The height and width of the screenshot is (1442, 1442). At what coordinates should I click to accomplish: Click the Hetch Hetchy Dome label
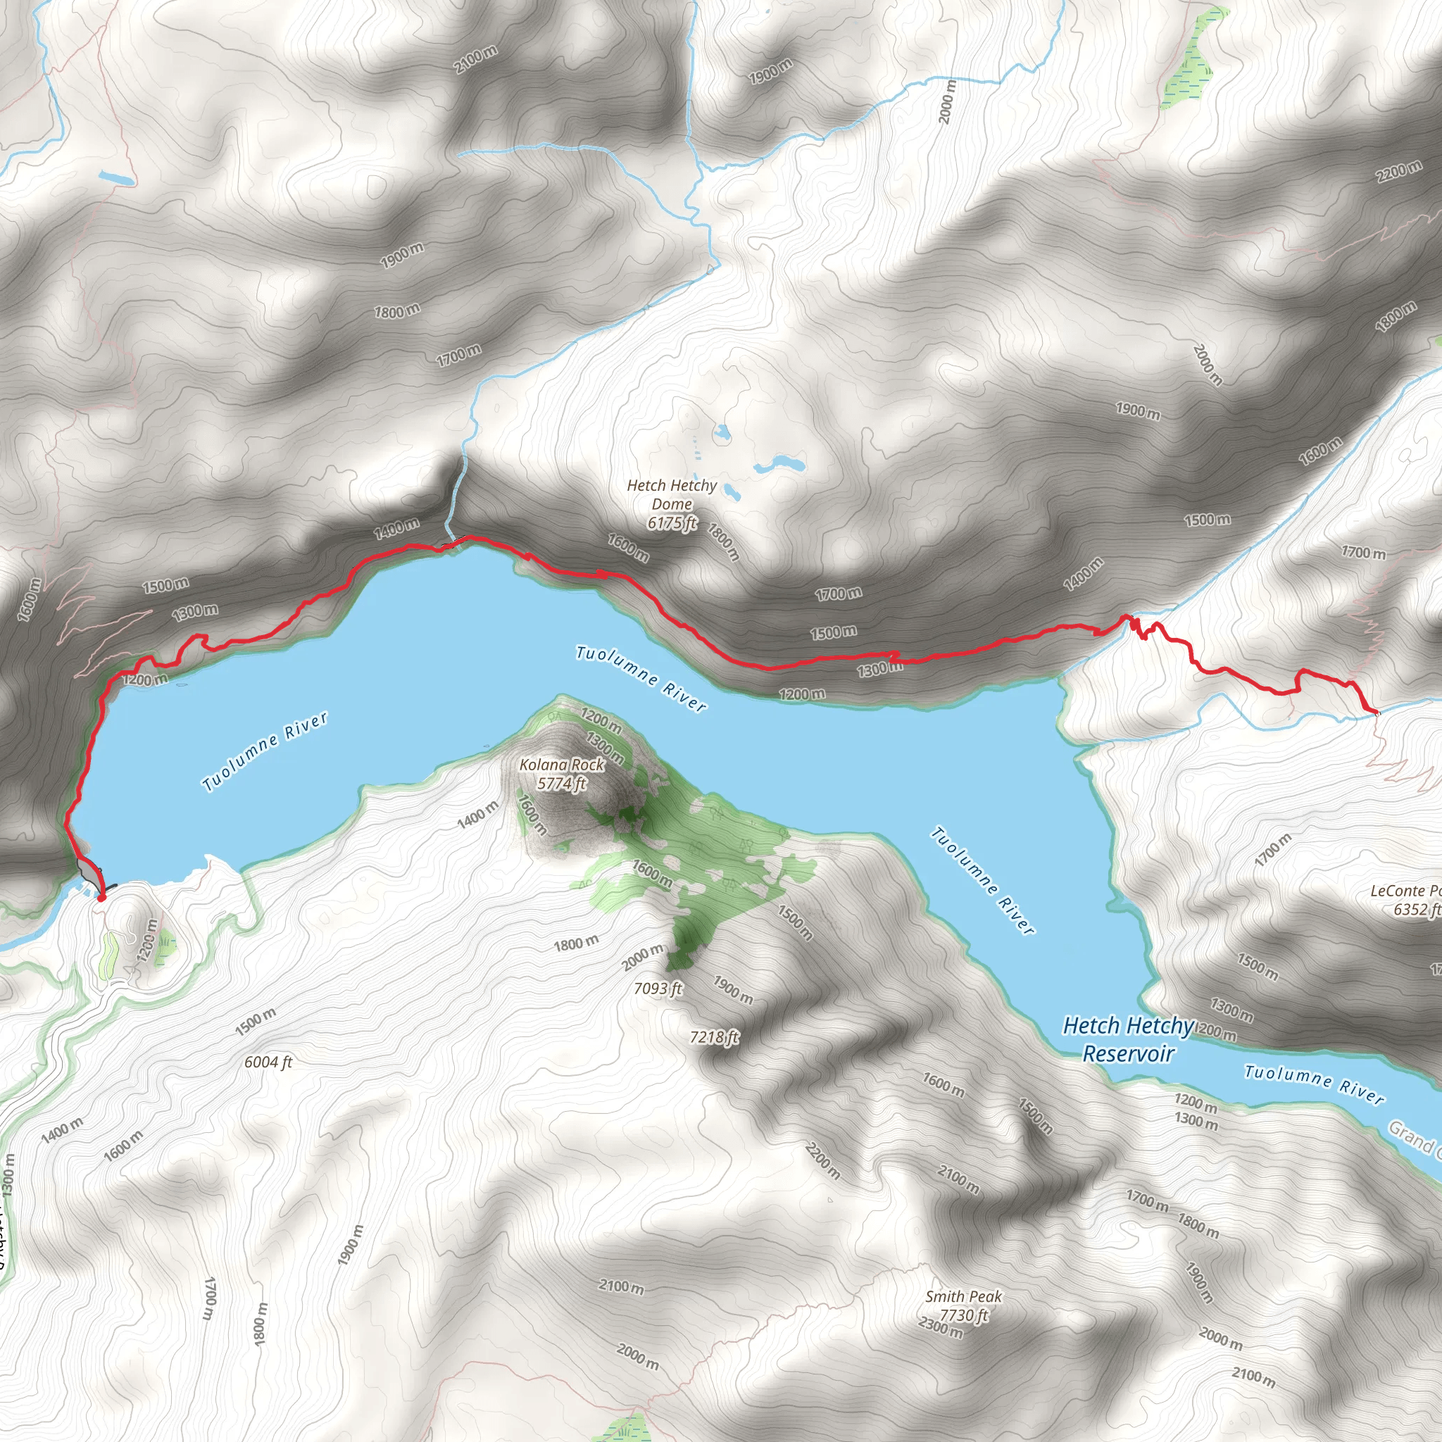coord(672,494)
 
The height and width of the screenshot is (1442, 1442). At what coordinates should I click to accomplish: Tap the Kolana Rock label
coord(562,764)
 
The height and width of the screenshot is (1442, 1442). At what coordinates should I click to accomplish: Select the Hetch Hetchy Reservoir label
coord(1128,1039)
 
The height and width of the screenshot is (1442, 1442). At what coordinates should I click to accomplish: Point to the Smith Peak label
coord(963,1296)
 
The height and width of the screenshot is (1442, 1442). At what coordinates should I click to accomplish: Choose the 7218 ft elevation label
coord(714,1036)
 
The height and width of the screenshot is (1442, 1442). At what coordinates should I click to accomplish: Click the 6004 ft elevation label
coord(268,1061)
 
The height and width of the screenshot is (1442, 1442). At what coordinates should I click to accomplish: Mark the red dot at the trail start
coord(101,897)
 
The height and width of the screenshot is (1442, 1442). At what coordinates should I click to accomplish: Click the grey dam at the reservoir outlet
coord(88,870)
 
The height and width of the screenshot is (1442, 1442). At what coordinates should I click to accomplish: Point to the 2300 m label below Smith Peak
coord(941,1329)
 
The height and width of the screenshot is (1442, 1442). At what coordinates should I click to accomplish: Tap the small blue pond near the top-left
coord(116,179)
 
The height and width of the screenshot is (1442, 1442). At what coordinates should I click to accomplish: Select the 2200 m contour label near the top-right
coord(1399,172)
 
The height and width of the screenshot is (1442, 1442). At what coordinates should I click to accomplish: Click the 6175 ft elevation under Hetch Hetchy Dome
coord(672,522)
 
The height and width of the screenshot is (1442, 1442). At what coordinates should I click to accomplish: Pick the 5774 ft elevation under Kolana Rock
coord(562,783)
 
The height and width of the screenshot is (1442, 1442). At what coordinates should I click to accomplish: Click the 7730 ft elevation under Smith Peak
coord(964,1315)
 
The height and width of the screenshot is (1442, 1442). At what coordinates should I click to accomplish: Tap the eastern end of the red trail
coord(1375,711)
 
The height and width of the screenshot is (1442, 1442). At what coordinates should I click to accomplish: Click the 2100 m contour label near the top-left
coord(475,60)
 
